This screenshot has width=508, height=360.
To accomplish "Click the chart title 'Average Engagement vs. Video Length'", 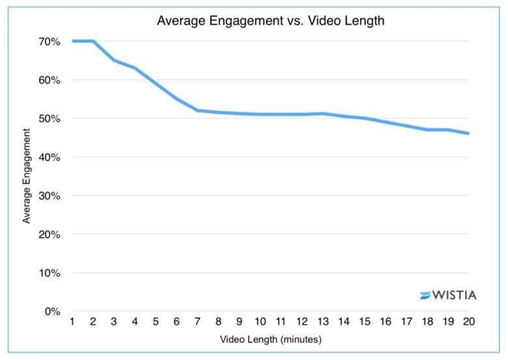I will pyautogui.click(x=270, y=21).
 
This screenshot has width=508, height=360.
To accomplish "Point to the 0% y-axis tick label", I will pyautogui.click(x=53, y=311).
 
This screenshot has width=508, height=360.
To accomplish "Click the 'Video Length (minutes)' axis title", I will pyautogui.click(x=270, y=339).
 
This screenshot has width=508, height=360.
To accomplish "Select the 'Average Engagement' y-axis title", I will pyautogui.click(x=27, y=176).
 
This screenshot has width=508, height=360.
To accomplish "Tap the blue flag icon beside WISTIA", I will pyautogui.click(x=425, y=296).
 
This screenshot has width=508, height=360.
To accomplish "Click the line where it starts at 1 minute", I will pyautogui.click(x=72, y=41).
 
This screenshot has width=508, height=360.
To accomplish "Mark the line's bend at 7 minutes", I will pyautogui.click(x=197, y=110).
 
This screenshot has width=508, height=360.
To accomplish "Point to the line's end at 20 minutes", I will pyautogui.click(x=468, y=133).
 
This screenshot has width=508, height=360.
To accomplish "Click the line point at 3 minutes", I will pyautogui.click(x=114, y=61).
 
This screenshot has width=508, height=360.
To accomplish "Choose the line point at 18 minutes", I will pyautogui.click(x=427, y=130).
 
